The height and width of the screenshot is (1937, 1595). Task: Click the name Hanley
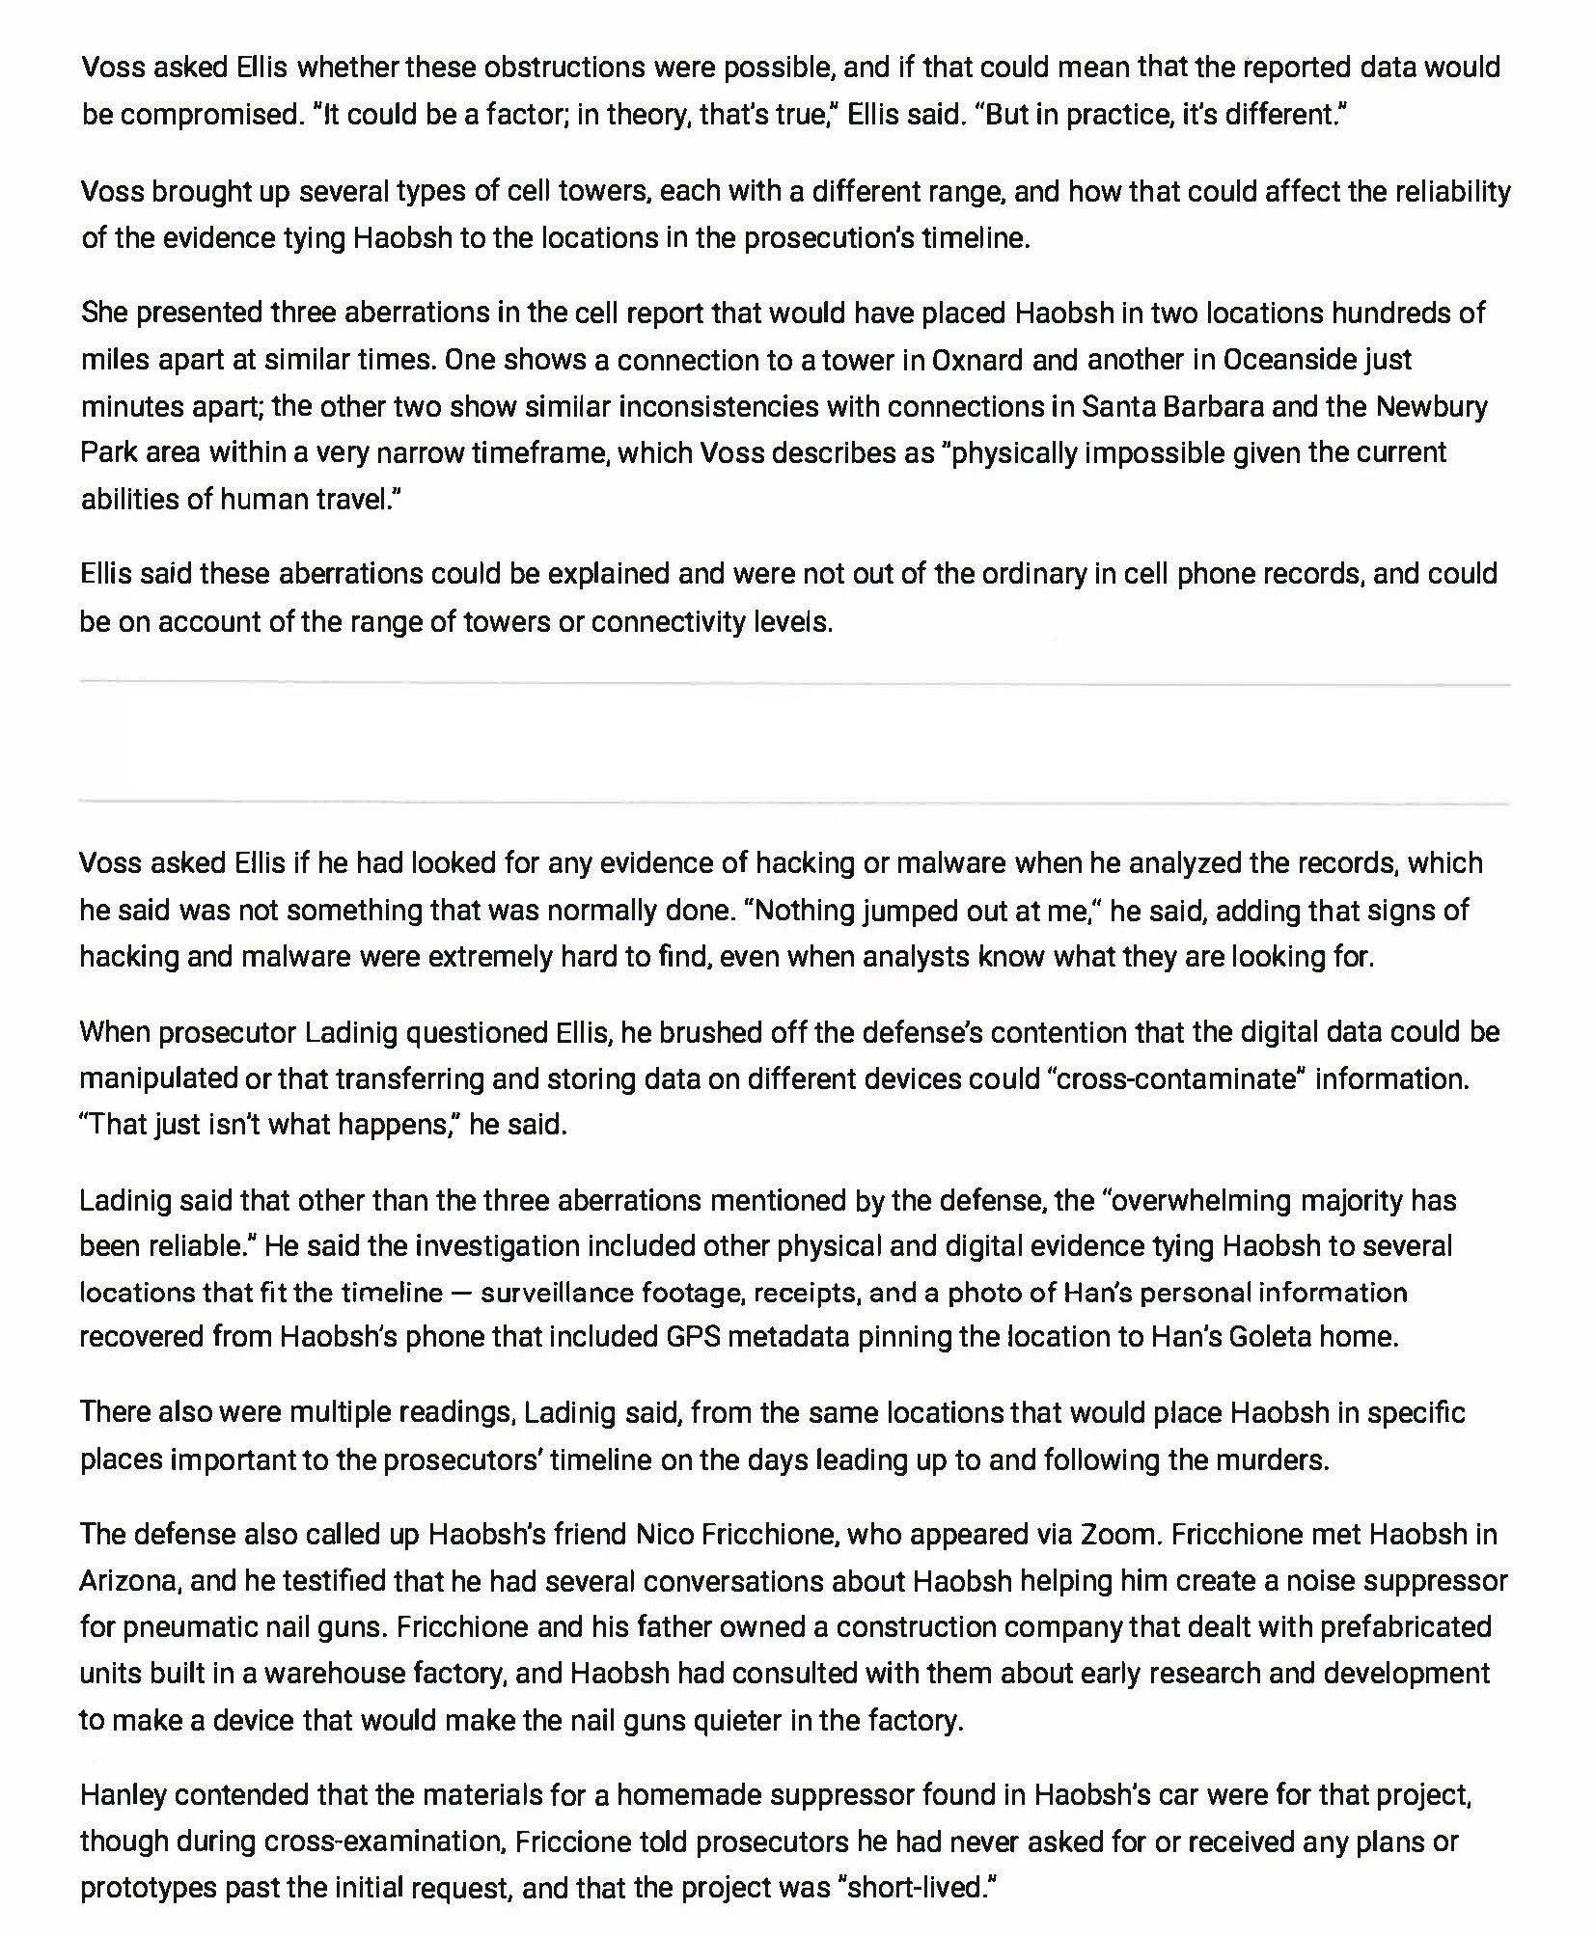(123, 1794)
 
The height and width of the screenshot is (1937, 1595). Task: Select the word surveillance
(556, 1292)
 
